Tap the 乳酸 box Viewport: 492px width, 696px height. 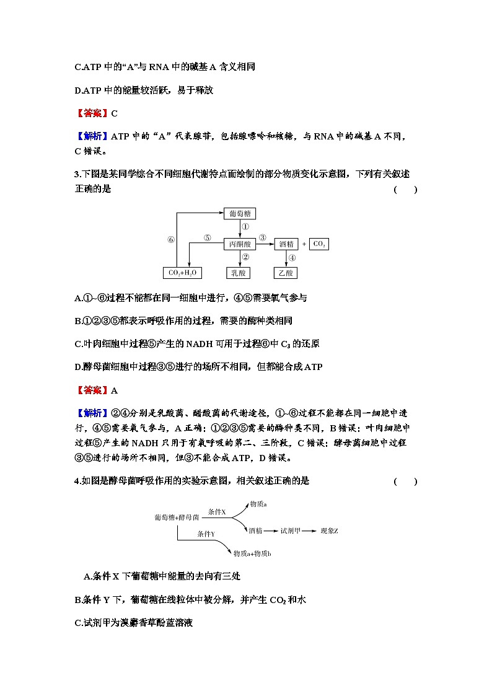pyautogui.click(x=239, y=273)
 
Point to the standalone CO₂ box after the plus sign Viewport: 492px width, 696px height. pyautogui.click(x=319, y=244)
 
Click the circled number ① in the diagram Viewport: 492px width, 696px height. pyautogui.click(x=245, y=228)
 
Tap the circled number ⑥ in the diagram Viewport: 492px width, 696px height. pyautogui.click(x=170, y=240)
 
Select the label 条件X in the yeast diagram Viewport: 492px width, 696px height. pyautogui.click(x=217, y=512)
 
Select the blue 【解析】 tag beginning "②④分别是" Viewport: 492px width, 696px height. pyautogui.click(x=91, y=413)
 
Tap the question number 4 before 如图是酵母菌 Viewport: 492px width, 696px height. pyautogui.click(x=76, y=481)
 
